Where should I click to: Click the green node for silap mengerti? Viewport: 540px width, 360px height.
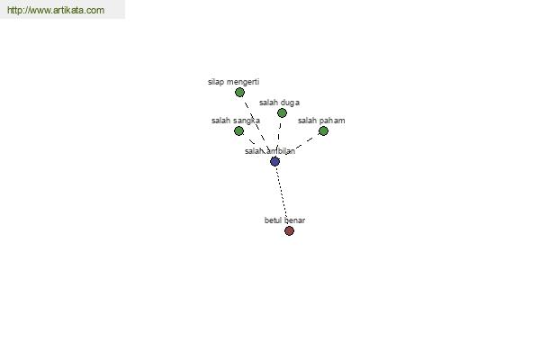(x=239, y=93)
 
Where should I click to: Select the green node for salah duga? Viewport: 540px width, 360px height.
(x=282, y=113)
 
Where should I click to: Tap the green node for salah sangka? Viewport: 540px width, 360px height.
(x=238, y=130)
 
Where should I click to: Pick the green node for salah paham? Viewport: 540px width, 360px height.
(x=323, y=130)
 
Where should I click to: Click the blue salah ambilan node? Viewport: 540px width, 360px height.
(x=274, y=161)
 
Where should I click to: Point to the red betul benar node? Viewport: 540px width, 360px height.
(x=289, y=230)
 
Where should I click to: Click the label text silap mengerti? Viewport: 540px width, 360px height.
(x=233, y=82)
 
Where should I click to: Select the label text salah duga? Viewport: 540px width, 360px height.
(x=279, y=103)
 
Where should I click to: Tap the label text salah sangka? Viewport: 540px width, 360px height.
(x=236, y=121)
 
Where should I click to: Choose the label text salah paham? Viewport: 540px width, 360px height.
(x=321, y=121)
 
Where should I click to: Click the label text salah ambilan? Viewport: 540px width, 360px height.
(x=270, y=151)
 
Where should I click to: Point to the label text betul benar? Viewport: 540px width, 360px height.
(x=284, y=220)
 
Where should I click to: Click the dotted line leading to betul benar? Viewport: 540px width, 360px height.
(x=282, y=194)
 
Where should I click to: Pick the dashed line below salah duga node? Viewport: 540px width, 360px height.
(x=279, y=137)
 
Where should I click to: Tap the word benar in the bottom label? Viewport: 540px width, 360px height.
(x=295, y=220)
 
